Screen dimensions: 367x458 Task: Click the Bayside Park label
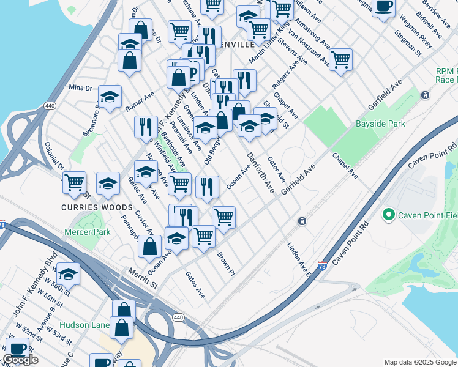point(380,124)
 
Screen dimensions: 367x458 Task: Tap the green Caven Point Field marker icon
point(387,215)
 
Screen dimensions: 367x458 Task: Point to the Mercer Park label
point(88,232)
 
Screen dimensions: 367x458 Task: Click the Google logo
point(20,360)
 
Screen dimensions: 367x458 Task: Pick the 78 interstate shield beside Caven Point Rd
point(322,266)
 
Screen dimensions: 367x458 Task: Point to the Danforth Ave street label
point(260,172)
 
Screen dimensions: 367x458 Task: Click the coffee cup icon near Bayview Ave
point(384,7)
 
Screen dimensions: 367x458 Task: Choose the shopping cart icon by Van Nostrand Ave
point(340,59)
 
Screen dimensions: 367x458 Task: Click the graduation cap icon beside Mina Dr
point(110,96)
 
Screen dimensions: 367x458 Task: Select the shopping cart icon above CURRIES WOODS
point(74,182)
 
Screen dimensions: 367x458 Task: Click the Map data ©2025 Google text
point(419,362)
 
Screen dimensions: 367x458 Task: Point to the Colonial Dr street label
point(54,156)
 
